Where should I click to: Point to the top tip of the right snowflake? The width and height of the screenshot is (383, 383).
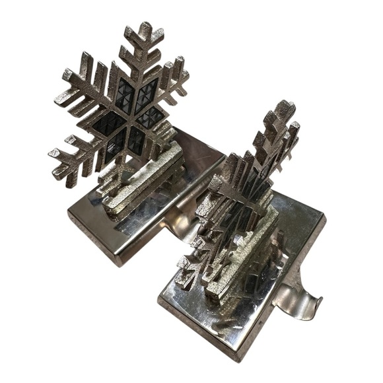[284, 106]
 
